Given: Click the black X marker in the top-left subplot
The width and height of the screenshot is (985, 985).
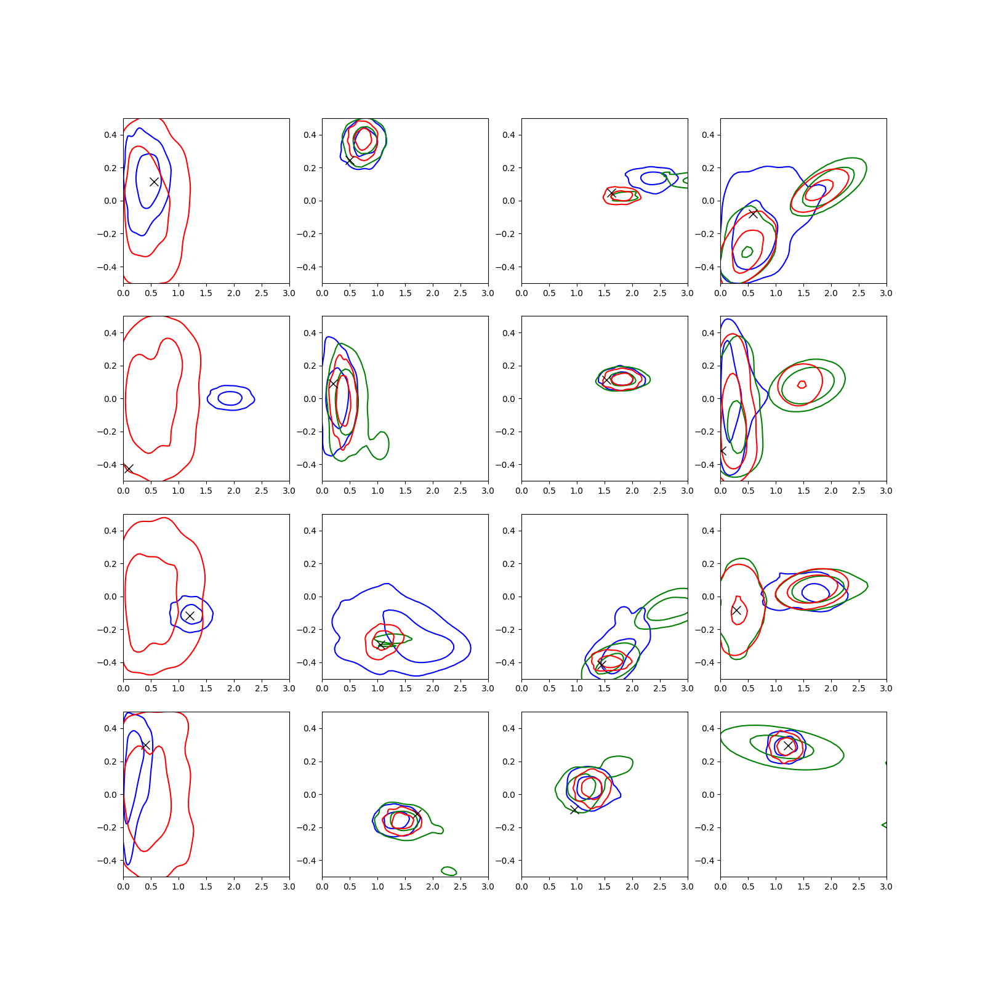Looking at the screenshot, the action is [x=154, y=182].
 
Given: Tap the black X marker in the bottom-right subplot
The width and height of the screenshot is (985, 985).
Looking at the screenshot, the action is [x=788, y=746].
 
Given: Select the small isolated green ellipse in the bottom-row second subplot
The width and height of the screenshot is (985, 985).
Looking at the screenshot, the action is [x=449, y=871].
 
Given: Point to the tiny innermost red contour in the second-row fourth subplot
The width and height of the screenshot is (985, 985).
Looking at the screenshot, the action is [x=802, y=385].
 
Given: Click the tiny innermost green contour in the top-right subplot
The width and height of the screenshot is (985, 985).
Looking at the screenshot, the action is [x=747, y=252].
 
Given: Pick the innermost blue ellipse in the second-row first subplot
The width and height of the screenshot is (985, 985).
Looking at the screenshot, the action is [x=230, y=398].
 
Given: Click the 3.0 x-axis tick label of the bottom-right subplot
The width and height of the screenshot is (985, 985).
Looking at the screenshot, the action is [x=886, y=886].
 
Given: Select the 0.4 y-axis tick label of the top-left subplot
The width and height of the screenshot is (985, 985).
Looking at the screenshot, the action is [x=111, y=135].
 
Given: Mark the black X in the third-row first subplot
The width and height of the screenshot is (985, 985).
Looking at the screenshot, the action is [x=190, y=616].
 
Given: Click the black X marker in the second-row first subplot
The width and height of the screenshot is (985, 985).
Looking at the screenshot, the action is [x=129, y=469].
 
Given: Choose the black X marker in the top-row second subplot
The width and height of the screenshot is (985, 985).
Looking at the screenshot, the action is [x=349, y=161].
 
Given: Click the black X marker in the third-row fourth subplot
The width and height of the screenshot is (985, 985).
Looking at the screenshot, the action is [x=736, y=610].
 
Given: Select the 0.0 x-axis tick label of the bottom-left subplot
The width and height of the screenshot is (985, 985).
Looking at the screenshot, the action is [x=123, y=886].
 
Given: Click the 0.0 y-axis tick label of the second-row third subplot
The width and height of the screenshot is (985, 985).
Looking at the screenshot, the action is [x=509, y=399].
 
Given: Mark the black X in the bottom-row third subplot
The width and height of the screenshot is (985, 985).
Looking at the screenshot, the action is [x=574, y=810].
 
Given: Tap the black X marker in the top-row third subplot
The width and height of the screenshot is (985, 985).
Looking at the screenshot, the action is [x=611, y=193].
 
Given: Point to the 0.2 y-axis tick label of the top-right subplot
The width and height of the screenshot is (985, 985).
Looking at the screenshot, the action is [x=708, y=168].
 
